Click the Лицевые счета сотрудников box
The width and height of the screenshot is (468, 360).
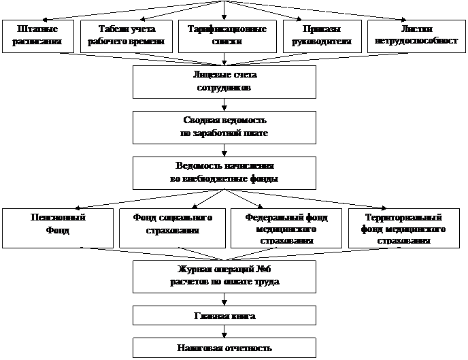pos(224,82)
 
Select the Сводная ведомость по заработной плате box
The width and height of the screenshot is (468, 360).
pos(224,127)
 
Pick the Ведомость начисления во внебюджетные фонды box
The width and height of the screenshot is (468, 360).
pos(224,173)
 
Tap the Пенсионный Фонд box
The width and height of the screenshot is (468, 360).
pos(58,227)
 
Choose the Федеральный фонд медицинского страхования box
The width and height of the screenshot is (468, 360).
pos(286,227)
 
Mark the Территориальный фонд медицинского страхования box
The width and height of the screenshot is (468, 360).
pos(405,227)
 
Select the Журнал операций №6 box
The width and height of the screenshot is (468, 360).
pos(224,276)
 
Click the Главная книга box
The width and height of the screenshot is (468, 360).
pos(224,316)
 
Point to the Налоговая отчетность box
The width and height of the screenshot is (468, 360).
pos(224,348)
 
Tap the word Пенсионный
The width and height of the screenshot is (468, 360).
pos(58,218)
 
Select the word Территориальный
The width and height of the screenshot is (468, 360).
pos(406,218)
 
